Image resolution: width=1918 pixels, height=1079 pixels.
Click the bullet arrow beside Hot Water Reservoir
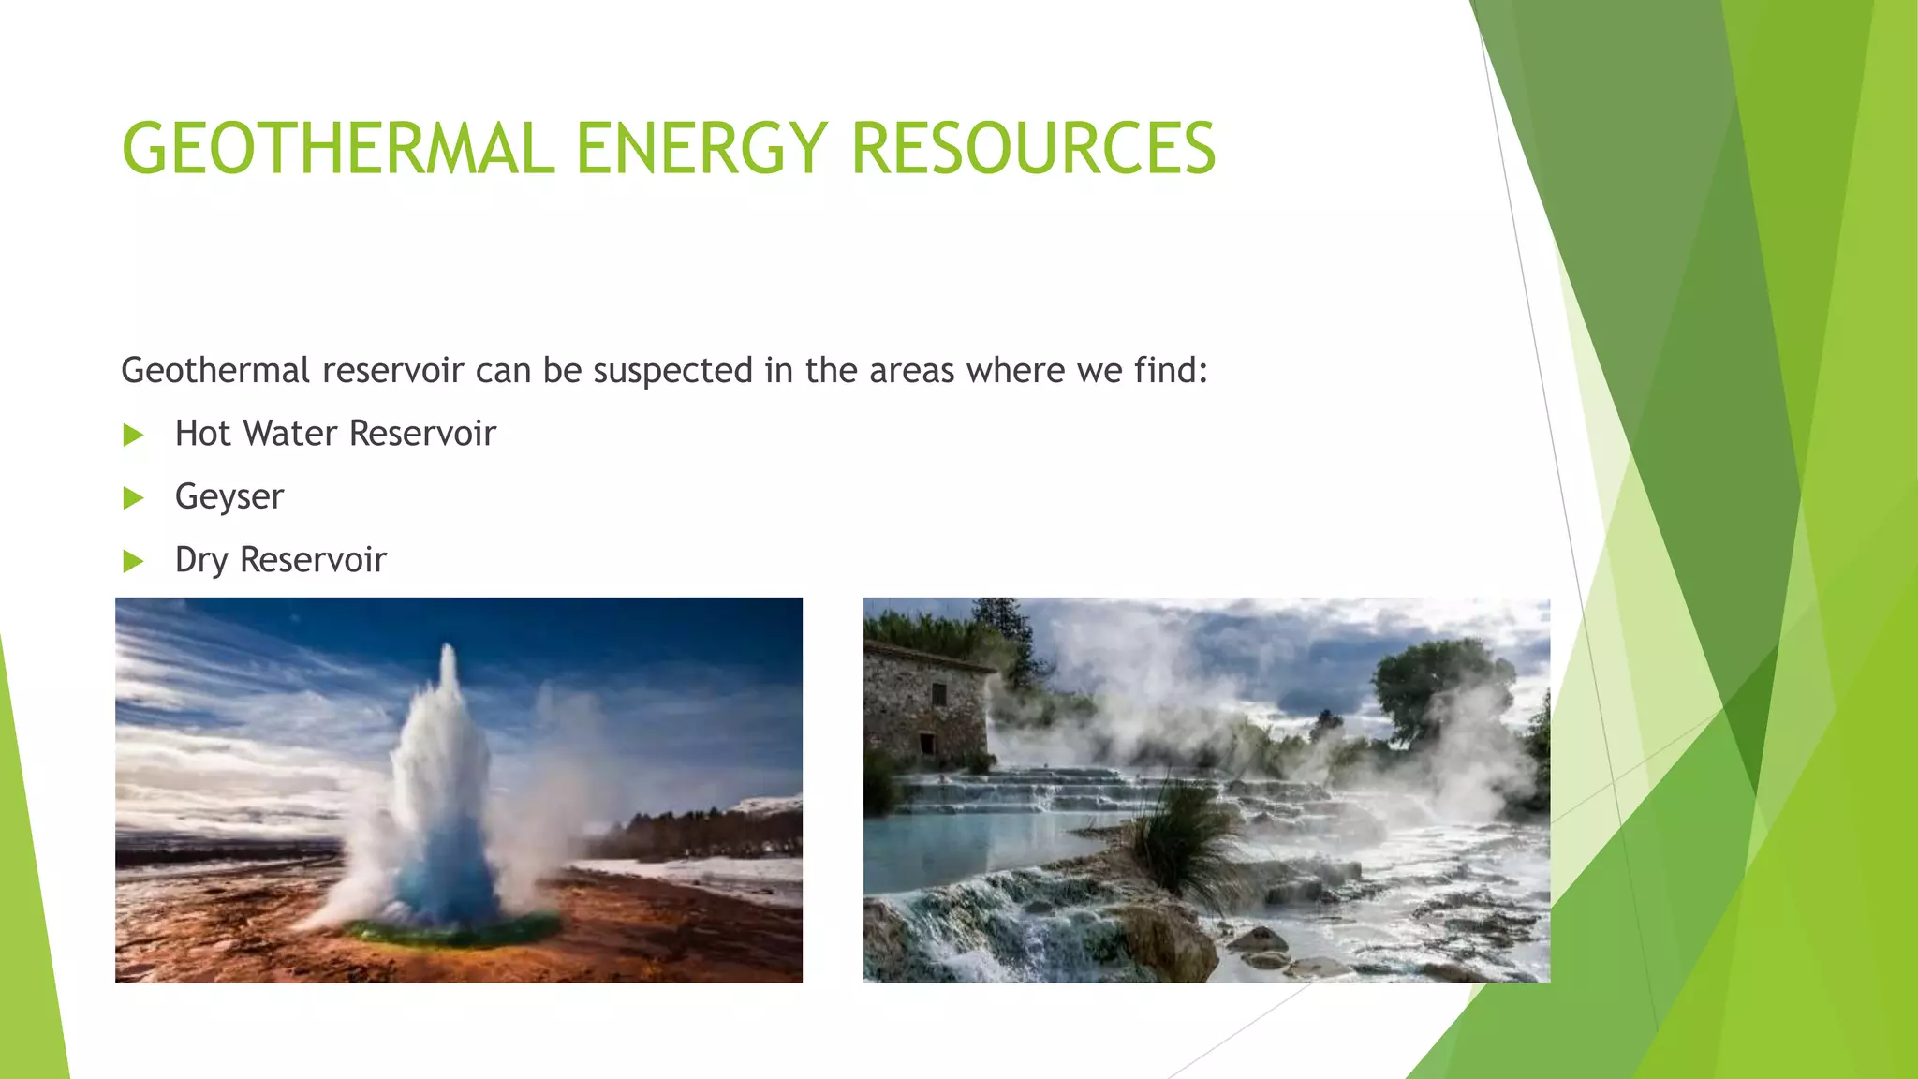(133, 435)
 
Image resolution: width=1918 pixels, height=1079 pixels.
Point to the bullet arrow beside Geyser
(133, 497)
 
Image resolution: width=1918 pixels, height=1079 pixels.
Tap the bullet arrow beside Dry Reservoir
(133, 561)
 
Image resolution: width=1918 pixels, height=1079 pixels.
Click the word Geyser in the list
(229, 497)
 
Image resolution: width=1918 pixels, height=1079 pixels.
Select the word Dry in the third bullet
(201, 561)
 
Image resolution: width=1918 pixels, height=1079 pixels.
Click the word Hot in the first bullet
(202, 434)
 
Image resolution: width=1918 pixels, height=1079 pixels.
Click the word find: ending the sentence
(1171, 371)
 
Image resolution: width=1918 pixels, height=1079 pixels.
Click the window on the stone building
(938, 694)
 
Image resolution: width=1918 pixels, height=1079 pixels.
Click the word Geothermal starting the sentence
(215, 371)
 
